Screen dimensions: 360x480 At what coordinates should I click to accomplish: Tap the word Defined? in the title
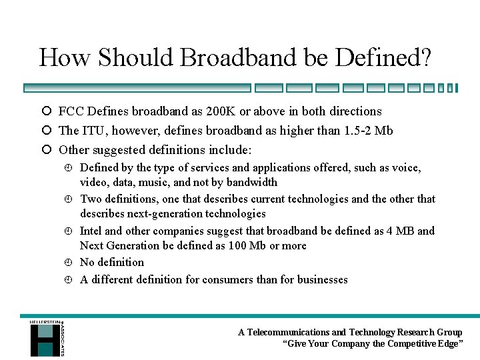[383, 57]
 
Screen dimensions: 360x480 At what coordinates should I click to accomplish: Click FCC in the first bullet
[71, 111]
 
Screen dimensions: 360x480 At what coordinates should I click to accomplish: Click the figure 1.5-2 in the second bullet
[359, 131]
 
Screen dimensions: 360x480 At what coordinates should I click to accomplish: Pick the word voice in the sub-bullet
[407, 168]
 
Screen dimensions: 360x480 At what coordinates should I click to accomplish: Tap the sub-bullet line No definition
[112, 263]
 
